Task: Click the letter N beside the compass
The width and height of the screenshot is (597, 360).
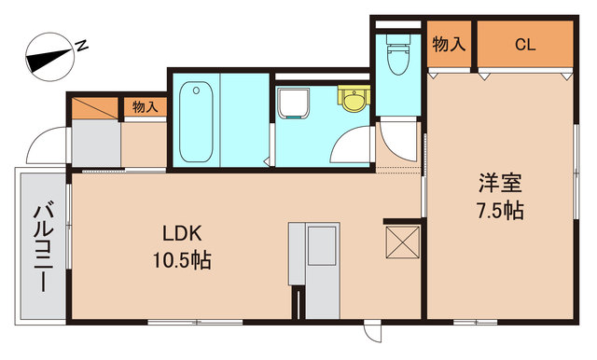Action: (x=82, y=46)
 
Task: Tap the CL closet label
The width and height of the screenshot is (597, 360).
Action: (x=525, y=45)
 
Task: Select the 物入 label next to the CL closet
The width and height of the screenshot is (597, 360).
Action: (x=449, y=45)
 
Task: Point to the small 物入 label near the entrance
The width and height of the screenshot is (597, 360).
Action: (x=146, y=107)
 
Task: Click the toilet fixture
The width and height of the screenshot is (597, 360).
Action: (x=398, y=54)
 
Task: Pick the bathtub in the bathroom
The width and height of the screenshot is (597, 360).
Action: (x=196, y=121)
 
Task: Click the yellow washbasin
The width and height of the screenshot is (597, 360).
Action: (x=354, y=99)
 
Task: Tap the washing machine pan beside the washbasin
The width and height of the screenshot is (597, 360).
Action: (x=293, y=104)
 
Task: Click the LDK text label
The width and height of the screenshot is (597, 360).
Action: (x=182, y=234)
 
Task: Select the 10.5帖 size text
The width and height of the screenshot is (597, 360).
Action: (x=182, y=261)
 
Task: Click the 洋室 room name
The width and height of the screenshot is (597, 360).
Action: (x=500, y=184)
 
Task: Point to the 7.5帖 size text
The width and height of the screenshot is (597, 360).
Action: (x=500, y=211)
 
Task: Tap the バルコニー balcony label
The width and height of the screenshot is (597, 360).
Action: (x=43, y=246)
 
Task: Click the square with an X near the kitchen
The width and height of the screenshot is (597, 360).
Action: (x=403, y=242)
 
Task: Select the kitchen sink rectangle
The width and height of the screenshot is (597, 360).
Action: (x=322, y=246)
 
